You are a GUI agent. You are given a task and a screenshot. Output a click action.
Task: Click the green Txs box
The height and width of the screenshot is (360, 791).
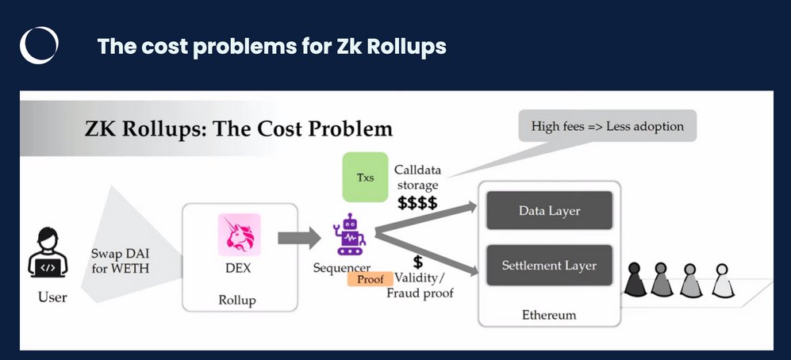(x=365, y=177)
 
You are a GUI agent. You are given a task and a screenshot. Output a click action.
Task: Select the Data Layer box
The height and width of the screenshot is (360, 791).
(x=549, y=211)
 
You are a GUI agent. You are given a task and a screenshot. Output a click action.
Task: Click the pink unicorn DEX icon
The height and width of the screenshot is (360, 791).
(x=239, y=236)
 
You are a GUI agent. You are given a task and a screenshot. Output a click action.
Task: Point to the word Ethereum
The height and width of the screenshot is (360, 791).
(x=549, y=315)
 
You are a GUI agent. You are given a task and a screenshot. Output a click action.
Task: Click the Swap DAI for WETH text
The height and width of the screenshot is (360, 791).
(x=120, y=259)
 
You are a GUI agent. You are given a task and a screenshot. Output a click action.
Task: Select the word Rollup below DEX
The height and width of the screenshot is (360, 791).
(x=238, y=301)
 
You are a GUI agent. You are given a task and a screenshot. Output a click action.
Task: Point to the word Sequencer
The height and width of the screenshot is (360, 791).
(x=342, y=267)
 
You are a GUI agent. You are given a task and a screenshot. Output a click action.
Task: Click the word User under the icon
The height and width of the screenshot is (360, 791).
(x=52, y=298)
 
